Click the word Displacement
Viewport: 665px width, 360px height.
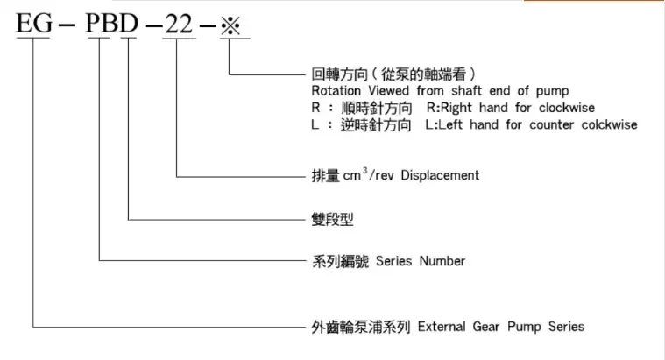443,175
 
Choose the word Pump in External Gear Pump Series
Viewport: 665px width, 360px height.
532,327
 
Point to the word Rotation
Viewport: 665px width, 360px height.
336,90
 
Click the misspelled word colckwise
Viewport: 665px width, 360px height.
609,125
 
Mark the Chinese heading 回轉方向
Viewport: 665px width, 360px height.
337,74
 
